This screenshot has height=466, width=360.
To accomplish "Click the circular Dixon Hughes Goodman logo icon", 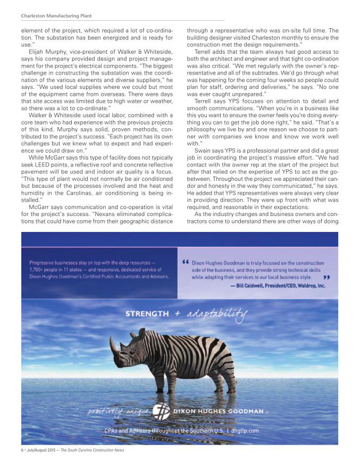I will click(161, 412).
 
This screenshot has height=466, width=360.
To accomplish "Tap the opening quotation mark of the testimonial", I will click(185, 263).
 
